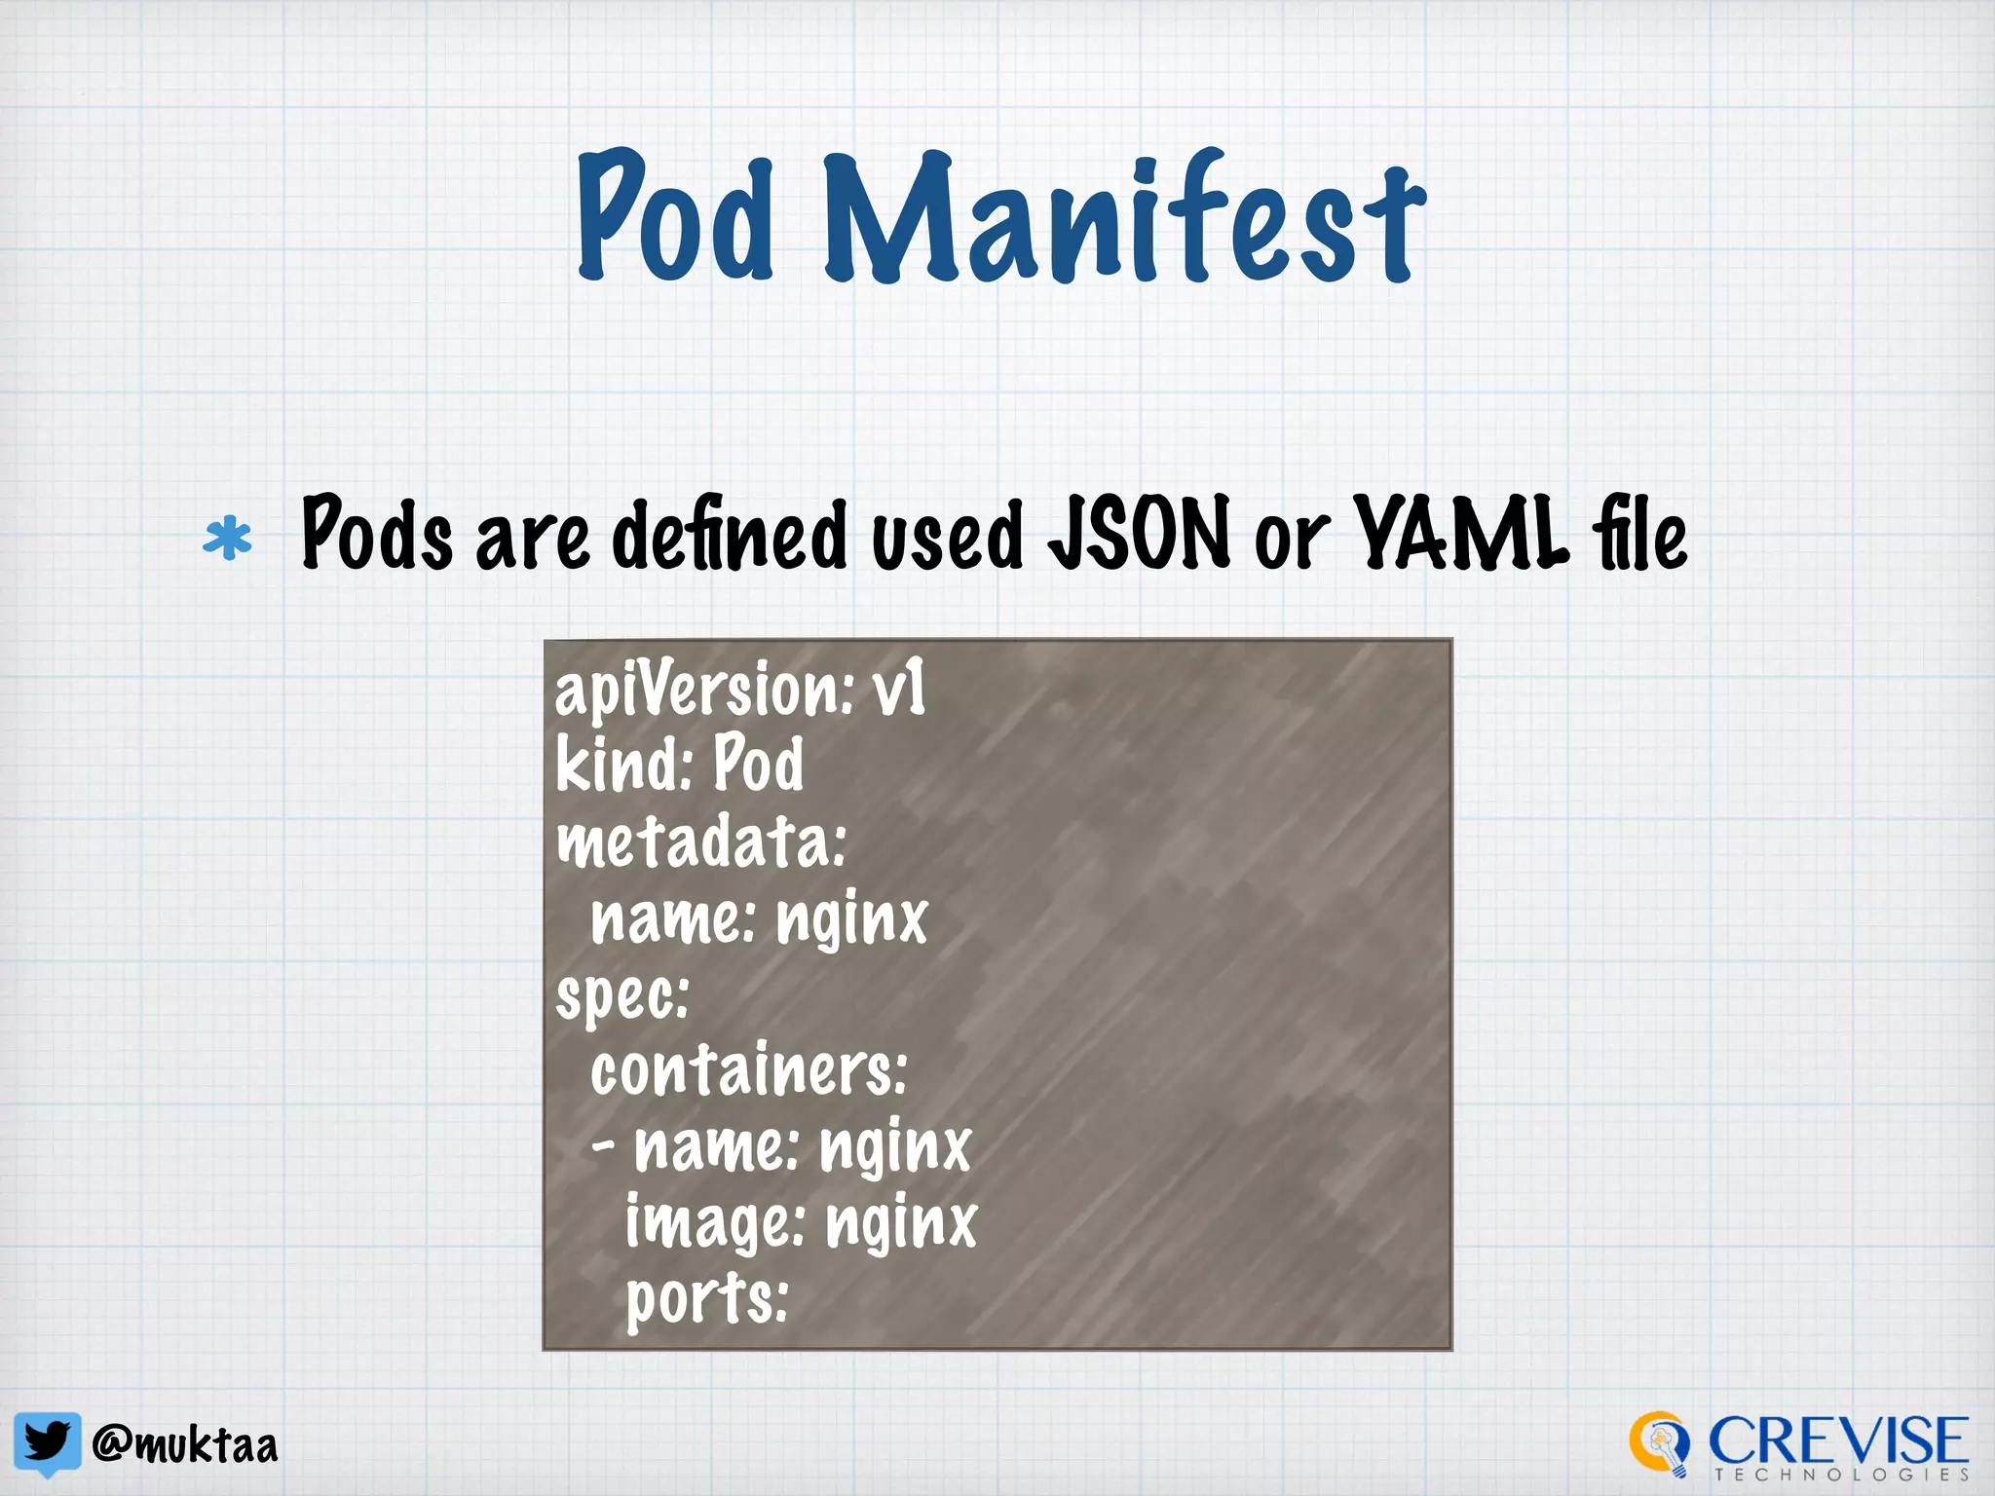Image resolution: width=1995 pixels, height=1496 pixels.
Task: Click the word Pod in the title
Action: pyautogui.click(x=676, y=216)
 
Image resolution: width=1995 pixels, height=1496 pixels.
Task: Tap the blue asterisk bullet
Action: pyautogui.click(x=228, y=540)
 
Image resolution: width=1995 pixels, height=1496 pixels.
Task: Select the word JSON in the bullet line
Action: pyautogui.click(x=1139, y=534)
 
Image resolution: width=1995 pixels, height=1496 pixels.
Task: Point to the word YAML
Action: pyautogui.click(x=1461, y=534)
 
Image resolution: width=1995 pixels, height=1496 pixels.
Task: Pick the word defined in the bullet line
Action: pyautogui.click(x=730, y=534)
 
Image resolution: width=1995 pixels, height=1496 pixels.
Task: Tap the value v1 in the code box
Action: pyautogui.click(x=898, y=690)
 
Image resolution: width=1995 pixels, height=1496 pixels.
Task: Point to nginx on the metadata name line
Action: pyautogui.click(x=852, y=918)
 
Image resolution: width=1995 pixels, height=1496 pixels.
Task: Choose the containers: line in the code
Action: pyautogui.click(x=748, y=1070)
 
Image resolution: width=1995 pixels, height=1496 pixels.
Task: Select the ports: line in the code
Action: pyautogui.click(x=707, y=1299)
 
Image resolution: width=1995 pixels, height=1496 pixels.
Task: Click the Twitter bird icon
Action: pyautogui.click(x=47, y=1441)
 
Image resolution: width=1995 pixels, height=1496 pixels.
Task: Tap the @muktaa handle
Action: pyautogui.click(x=185, y=1444)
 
